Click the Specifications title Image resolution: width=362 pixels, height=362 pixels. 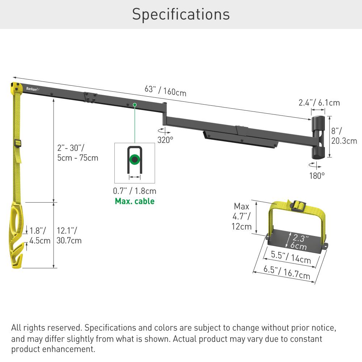coord(181,14)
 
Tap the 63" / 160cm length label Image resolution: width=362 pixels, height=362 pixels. coord(165,90)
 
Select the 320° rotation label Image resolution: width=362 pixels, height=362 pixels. coord(165,140)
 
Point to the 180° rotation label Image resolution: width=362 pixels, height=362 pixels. coord(317,176)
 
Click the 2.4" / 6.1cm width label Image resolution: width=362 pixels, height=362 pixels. coord(319,103)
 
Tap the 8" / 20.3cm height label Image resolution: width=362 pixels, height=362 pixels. coord(344,136)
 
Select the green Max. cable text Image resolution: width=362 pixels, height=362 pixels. coord(134,201)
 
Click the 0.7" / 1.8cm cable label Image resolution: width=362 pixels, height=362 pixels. coord(134,191)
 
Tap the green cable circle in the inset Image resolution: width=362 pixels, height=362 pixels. coord(134,159)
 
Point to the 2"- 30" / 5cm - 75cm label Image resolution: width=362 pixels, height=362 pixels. coord(77,153)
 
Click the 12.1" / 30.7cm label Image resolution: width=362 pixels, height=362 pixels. coord(69,235)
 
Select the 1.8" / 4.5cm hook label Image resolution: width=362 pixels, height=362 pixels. coord(40,235)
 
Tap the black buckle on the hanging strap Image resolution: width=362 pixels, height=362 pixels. coord(17,143)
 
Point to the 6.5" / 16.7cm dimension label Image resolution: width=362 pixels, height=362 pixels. coord(286,272)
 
